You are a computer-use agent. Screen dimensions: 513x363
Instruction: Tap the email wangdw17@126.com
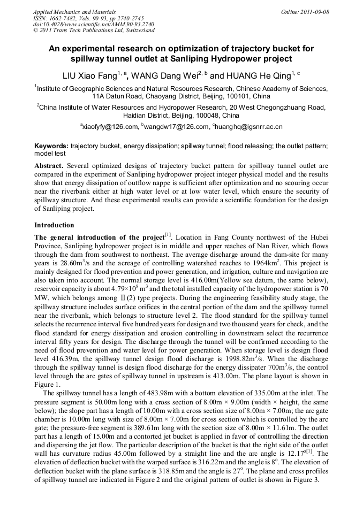click(177, 126)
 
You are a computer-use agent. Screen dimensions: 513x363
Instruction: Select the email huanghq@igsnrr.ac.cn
click(249, 126)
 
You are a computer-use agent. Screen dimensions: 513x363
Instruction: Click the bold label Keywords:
click(51, 146)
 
